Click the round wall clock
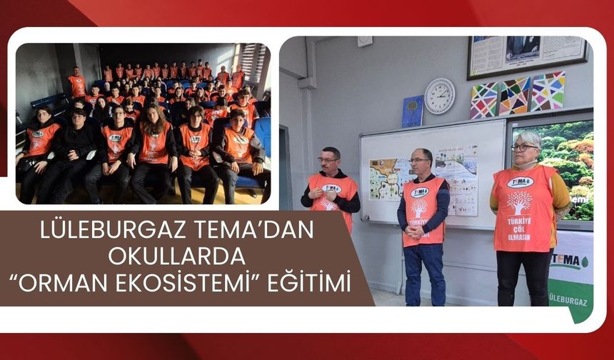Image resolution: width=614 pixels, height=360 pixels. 439,96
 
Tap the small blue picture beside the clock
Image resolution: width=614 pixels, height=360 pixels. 413,111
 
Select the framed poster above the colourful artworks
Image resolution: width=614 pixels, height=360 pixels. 527,56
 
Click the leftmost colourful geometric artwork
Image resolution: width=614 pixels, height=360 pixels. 485,100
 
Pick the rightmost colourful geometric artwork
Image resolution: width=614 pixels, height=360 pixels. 548,91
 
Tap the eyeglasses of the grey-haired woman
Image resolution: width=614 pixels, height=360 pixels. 523,147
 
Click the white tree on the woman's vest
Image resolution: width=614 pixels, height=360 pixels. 519,202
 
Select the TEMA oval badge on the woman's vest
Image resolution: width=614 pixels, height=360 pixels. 520,181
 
